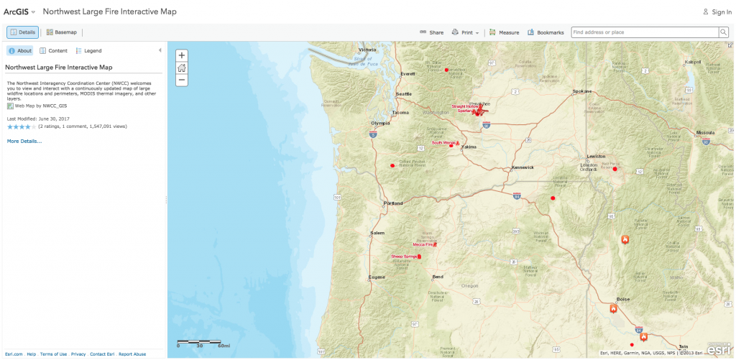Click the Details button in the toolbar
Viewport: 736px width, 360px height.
[23, 32]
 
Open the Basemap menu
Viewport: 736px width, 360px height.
[62, 32]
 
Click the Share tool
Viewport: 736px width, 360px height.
[432, 32]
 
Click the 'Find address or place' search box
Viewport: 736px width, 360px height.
[644, 32]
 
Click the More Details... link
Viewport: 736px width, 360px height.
[24, 142]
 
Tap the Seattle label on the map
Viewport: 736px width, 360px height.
[404, 94]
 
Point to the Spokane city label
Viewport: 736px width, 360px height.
[581, 91]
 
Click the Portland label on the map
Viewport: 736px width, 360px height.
[393, 203]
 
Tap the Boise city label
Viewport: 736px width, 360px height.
[622, 300]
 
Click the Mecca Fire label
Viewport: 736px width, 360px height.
[423, 244]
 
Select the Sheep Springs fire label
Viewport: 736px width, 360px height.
[403, 257]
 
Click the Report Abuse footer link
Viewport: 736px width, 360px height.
[132, 354]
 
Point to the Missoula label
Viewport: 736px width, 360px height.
[705, 133]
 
